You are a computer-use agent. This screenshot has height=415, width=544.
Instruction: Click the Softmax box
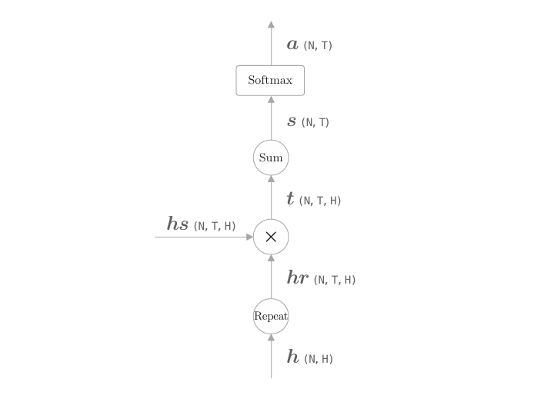point(270,81)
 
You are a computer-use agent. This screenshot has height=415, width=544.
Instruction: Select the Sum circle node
point(271,158)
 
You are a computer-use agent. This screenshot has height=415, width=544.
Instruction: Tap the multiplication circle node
point(271,237)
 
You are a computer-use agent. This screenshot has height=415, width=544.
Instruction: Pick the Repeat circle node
point(271,316)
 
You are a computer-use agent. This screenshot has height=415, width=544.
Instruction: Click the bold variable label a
point(292,45)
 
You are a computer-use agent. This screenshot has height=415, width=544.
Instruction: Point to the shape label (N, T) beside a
point(318,45)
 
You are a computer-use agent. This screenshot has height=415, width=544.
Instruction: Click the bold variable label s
point(292,121)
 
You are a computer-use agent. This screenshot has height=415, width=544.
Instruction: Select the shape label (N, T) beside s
point(315,122)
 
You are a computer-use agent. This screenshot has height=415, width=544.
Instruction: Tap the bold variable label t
point(290,199)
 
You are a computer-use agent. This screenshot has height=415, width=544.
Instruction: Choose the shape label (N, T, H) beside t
point(320,201)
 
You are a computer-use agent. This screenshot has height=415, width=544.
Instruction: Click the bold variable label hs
point(178,224)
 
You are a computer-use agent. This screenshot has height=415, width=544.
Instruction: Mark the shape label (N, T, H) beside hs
point(215,226)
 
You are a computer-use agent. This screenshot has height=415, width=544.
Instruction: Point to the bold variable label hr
point(298,278)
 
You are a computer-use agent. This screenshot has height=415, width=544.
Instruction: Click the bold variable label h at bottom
point(292,357)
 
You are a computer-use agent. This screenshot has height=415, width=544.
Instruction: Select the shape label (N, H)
point(319,358)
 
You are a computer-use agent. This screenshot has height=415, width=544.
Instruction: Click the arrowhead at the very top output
point(271,25)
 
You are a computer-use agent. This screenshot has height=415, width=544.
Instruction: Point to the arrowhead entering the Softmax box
point(271,100)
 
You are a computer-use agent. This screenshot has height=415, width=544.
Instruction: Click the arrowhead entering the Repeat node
point(271,337)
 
